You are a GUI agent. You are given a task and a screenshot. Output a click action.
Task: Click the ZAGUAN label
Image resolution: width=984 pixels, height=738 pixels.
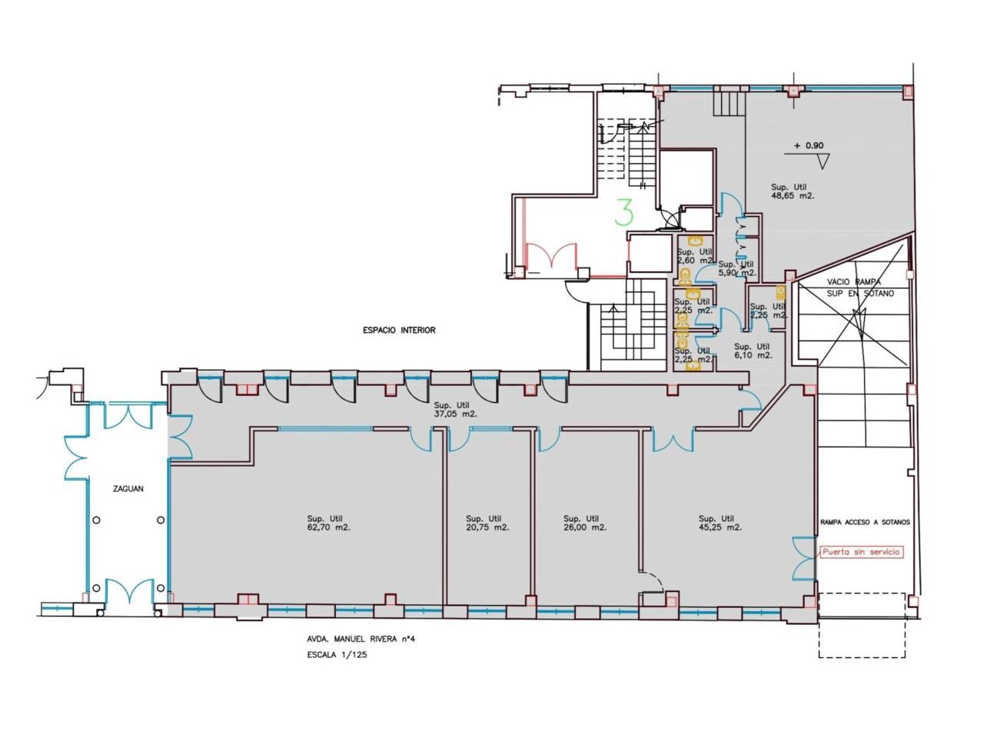coord(128,489)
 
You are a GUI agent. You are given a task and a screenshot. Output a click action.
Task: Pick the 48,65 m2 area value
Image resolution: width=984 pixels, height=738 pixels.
coord(793,196)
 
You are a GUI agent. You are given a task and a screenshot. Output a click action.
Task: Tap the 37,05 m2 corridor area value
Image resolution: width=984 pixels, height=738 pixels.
coord(455,414)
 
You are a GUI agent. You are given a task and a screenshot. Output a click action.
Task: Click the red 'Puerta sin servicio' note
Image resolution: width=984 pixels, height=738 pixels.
coord(861,552)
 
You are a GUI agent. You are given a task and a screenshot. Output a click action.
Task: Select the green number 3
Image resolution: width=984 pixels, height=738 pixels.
coord(623,212)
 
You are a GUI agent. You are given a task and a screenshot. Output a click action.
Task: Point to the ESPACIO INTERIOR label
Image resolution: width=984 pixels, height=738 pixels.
coord(399,331)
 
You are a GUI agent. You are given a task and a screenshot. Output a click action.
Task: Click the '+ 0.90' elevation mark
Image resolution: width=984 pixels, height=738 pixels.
coord(809,145)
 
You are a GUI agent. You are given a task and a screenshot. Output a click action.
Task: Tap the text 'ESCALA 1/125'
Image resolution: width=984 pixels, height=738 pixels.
coord(337,655)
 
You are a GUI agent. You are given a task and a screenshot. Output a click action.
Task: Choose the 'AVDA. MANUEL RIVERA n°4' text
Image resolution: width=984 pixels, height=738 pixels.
coord(361,639)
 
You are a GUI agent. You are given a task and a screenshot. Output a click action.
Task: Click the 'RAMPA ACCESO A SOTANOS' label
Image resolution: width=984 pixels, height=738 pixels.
coord(865,522)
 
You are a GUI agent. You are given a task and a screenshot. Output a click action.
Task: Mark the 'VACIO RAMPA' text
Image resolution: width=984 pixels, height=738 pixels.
coord(854,282)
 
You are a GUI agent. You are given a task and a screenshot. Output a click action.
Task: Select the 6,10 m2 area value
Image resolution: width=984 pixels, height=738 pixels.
coord(753,356)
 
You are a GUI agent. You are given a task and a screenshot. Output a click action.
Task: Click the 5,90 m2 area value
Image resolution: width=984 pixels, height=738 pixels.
coord(737,273)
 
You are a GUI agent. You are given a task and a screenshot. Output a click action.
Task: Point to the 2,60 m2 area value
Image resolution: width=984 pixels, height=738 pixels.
coord(695,261)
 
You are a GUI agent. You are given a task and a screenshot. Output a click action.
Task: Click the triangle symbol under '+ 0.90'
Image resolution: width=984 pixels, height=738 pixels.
coord(823,161)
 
